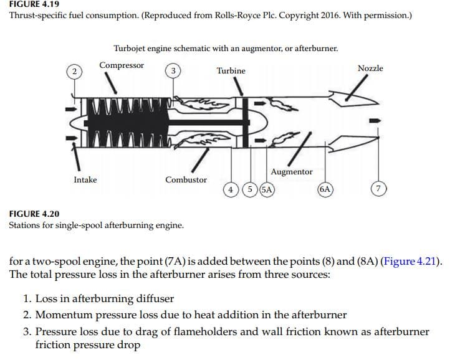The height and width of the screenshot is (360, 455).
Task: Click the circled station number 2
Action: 74,71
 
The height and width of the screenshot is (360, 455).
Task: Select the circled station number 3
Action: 173,71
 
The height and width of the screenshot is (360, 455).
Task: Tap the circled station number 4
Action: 231,190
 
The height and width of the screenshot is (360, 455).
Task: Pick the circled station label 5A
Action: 267,189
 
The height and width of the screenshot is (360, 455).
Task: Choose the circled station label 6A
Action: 325,189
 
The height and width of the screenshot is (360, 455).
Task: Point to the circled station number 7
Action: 378,189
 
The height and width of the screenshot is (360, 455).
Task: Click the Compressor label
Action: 122,65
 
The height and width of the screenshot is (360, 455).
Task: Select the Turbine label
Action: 231,71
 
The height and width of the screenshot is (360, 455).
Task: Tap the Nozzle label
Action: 370,69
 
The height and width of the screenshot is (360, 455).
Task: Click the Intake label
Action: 85,180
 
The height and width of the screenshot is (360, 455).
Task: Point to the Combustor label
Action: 186,180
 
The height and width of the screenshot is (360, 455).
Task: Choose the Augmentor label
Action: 292,172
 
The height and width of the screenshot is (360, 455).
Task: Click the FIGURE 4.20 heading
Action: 34,214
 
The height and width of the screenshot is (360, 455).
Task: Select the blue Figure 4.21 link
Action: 410,261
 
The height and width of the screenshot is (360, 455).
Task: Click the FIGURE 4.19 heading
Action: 34,4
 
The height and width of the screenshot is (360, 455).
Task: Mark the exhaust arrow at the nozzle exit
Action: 375,121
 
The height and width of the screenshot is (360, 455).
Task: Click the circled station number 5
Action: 250,189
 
